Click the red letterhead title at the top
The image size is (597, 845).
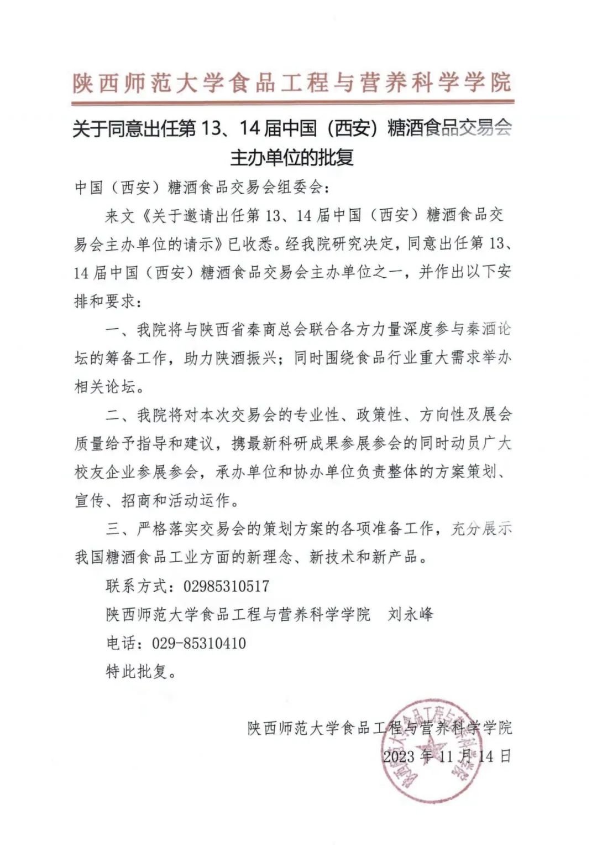click(292, 83)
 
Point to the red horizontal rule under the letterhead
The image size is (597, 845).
click(292, 102)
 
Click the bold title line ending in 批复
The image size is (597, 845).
click(292, 158)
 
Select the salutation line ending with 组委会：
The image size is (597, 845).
click(202, 188)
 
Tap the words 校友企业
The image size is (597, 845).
click(104, 472)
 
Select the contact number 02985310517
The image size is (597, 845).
click(226, 586)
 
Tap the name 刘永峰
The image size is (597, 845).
click(410, 614)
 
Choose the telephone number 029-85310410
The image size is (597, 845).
click(199, 643)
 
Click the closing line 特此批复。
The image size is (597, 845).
click(141, 672)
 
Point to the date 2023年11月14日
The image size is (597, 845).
click(447, 756)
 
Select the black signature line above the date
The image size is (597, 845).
click(379, 727)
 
